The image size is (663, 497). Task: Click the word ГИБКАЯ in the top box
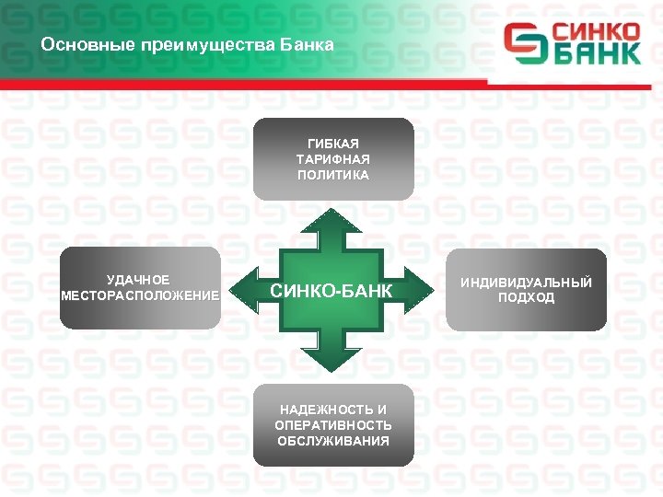click(332, 144)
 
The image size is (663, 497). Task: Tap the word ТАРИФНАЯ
click(332, 159)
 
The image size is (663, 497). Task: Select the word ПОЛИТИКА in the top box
click(332, 175)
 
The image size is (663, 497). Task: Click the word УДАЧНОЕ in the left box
click(138, 279)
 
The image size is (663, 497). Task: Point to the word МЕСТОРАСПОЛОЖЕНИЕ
click(140, 295)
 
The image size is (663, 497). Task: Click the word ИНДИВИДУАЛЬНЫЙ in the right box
click(526, 282)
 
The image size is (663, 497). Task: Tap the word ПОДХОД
click(526, 297)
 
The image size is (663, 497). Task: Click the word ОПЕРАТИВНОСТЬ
click(332, 424)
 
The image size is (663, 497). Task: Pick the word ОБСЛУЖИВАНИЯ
click(332, 440)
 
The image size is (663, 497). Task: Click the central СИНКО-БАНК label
click(331, 292)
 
